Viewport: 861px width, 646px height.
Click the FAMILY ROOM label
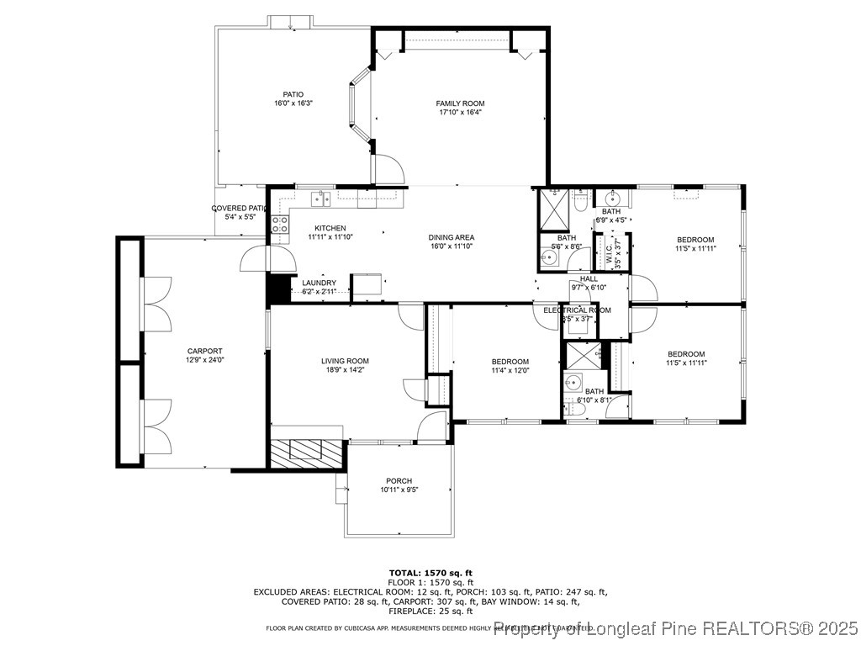click(x=460, y=103)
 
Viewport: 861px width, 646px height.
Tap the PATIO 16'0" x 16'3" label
click(x=293, y=94)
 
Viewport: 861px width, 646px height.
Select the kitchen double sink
click(x=320, y=199)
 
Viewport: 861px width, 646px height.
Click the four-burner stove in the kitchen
click(x=279, y=225)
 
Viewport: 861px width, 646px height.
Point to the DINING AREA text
click(x=452, y=237)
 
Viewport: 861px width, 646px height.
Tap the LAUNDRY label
click(x=319, y=283)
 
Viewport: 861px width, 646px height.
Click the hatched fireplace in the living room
click(x=307, y=452)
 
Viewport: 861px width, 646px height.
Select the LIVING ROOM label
click(x=345, y=361)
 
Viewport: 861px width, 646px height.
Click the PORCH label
click(x=399, y=481)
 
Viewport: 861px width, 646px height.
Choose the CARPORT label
click(x=204, y=351)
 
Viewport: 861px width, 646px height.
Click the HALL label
click(x=588, y=279)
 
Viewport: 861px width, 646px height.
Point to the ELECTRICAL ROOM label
click(x=577, y=310)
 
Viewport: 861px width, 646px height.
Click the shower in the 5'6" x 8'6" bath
click(x=552, y=209)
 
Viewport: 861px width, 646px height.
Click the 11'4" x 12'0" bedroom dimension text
click(x=510, y=370)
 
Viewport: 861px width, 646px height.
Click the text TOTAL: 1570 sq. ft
click(x=430, y=572)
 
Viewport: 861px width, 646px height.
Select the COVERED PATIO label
click(x=240, y=208)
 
